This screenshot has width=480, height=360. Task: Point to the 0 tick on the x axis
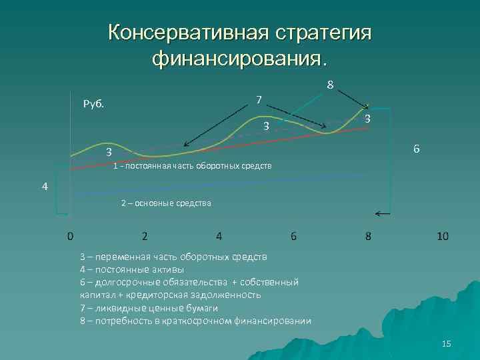(x=70, y=236)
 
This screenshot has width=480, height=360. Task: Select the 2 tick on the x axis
(x=145, y=236)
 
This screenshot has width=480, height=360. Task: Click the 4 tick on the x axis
(x=219, y=236)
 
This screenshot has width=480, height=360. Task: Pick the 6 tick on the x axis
(x=293, y=236)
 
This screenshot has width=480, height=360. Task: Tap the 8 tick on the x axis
(x=368, y=236)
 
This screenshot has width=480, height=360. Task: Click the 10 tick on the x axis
(x=442, y=236)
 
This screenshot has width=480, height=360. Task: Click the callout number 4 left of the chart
(x=44, y=187)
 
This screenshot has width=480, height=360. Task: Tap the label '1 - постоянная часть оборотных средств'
(x=193, y=165)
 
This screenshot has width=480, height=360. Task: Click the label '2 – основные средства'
(x=166, y=203)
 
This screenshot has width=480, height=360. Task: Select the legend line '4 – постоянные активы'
(x=132, y=269)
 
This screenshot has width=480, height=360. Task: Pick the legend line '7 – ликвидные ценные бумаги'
(x=149, y=308)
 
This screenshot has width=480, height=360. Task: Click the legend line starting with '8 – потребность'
(x=195, y=321)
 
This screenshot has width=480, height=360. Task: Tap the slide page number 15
(x=446, y=343)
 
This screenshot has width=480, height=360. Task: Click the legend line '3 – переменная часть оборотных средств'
(x=173, y=257)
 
